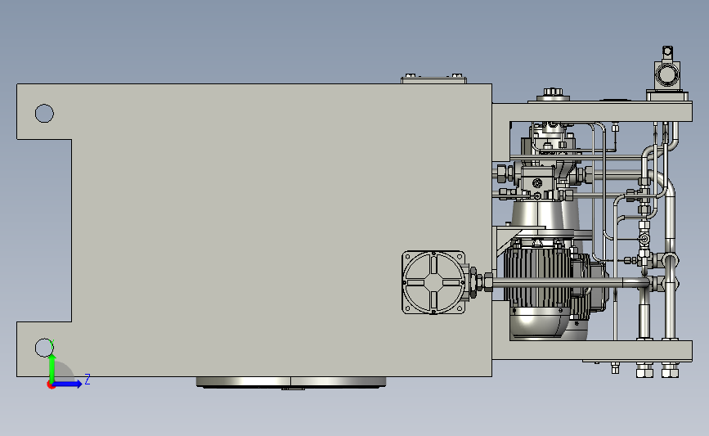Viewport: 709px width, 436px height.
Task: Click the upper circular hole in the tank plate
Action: tap(44, 113)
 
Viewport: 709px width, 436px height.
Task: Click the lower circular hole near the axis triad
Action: tap(44, 348)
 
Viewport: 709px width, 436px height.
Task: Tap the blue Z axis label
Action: tap(88, 379)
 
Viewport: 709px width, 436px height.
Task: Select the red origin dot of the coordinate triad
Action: tap(51, 385)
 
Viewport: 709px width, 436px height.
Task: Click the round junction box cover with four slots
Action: tap(433, 283)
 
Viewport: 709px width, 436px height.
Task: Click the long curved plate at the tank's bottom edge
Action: tap(291, 383)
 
